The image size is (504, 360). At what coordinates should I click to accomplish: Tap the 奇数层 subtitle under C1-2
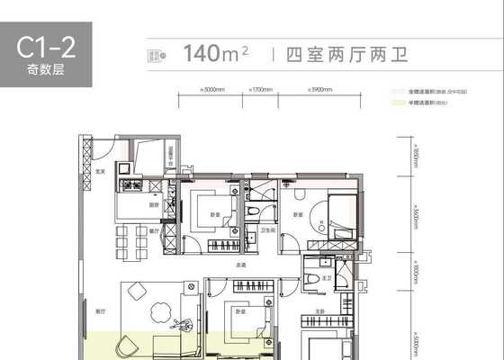click(x=44, y=70)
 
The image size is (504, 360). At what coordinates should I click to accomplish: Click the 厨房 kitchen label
click(x=154, y=205)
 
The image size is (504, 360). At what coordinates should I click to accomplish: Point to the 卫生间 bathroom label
click(x=267, y=229)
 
